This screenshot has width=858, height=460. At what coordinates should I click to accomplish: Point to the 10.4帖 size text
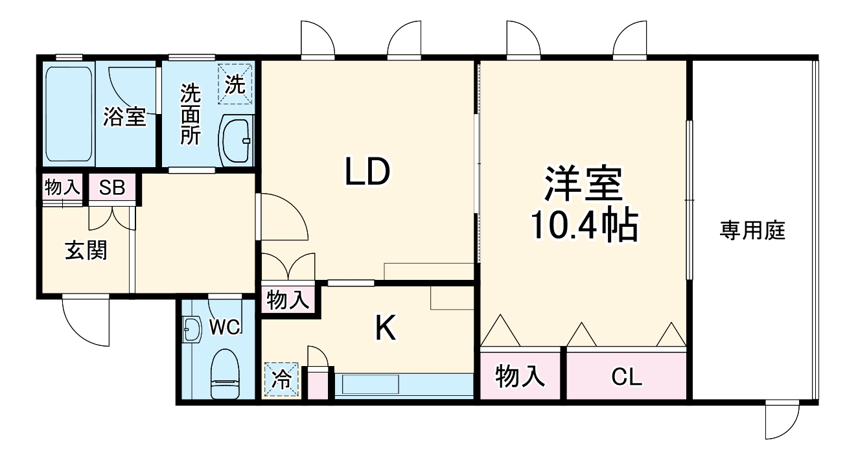583,225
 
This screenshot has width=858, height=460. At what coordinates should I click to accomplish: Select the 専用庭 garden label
752,231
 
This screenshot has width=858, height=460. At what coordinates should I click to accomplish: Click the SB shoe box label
112,189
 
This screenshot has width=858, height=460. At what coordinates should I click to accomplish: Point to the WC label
225,327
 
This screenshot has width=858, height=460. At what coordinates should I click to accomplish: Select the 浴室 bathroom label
125,117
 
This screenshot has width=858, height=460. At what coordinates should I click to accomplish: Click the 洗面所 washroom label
191,115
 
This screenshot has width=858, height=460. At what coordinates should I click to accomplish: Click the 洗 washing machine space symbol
235,84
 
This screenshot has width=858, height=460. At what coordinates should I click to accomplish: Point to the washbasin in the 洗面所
238,141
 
